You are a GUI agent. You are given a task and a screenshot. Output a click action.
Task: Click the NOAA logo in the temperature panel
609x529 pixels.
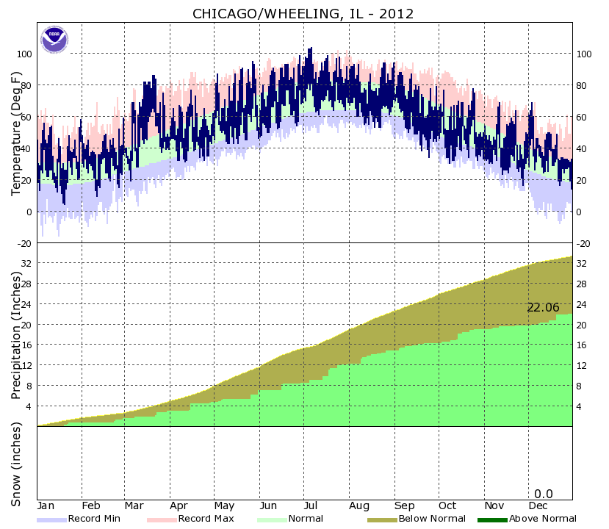point(54,39)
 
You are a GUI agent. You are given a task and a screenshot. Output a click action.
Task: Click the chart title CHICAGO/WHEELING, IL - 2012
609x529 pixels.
point(303,14)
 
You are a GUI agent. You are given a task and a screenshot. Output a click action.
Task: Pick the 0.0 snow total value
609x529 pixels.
point(543,494)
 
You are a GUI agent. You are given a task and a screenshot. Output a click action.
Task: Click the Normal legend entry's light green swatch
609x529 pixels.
point(271,519)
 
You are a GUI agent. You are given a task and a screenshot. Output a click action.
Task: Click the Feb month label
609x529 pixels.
point(90,506)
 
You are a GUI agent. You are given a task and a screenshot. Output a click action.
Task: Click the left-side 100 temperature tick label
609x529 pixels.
point(24,54)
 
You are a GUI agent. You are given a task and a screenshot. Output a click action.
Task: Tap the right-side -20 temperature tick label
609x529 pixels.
point(584,243)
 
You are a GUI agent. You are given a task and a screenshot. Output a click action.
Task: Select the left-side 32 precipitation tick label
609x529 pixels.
point(27,263)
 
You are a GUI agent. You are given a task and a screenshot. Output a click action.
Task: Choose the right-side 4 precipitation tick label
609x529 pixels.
point(580,406)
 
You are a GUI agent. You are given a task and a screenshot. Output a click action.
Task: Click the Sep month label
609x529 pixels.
point(403,506)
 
